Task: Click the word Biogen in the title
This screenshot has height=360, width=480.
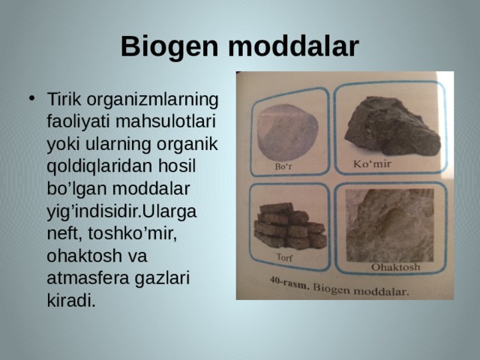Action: [x=169, y=46]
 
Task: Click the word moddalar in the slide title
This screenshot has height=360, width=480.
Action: [x=293, y=46]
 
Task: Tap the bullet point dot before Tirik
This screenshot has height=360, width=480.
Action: [x=31, y=98]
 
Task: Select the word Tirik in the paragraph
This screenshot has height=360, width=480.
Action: [x=64, y=99]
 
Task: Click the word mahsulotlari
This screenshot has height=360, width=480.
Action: [x=166, y=121]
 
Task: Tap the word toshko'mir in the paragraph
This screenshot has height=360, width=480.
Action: [x=133, y=234]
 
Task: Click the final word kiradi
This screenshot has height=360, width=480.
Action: [x=71, y=301]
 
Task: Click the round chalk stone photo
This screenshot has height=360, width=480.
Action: [x=288, y=132]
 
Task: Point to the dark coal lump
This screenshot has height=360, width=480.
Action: [x=391, y=126]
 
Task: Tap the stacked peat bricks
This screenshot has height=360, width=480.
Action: [x=290, y=226]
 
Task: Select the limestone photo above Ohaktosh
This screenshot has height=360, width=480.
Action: [x=389, y=225]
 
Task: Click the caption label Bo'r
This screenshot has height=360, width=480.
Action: [x=283, y=166]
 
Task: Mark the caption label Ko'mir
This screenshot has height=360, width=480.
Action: [x=372, y=163]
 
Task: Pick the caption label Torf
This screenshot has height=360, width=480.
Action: [x=284, y=257]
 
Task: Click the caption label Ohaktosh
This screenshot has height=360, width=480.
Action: [x=395, y=267]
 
